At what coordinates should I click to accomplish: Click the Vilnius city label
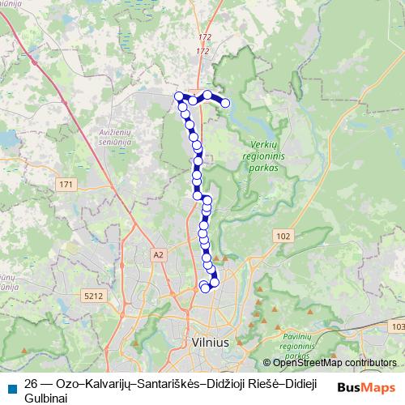(211, 343)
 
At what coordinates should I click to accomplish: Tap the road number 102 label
(282, 236)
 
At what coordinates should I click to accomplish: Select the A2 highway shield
(158, 255)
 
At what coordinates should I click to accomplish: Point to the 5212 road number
(93, 296)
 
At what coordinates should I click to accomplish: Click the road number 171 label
(66, 185)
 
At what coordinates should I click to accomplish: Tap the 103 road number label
(397, 326)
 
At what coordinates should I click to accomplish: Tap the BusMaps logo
(365, 386)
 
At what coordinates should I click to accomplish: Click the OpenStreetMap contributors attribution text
(335, 363)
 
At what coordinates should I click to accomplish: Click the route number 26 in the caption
(31, 384)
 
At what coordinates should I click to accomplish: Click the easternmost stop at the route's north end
(225, 102)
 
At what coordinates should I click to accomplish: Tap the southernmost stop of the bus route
(205, 288)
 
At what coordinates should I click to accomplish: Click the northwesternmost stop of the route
(178, 96)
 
